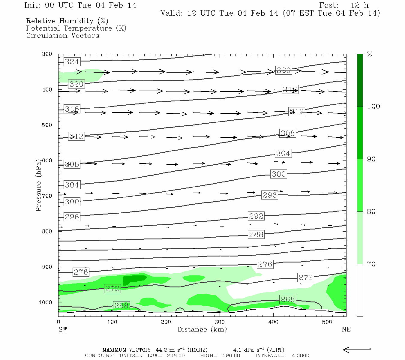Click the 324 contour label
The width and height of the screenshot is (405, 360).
(x=72, y=62)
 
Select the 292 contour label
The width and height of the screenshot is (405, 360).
(x=256, y=216)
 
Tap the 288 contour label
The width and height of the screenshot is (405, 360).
(x=256, y=234)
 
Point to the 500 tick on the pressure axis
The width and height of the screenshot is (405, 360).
(x=47, y=125)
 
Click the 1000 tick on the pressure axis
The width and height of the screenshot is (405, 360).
(x=46, y=302)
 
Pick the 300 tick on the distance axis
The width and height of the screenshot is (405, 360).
(x=220, y=322)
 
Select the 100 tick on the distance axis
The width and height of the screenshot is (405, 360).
(x=112, y=322)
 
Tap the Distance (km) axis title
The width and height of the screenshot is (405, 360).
(x=202, y=329)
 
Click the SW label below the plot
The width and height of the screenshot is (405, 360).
(x=63, y=329)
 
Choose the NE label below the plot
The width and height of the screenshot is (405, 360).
(x=346, y=329)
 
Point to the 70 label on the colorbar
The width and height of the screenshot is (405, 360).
(x=371, y=264)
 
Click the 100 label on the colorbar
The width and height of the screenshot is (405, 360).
(x=373, y=106)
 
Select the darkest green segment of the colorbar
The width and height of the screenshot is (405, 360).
(x=360, y=80)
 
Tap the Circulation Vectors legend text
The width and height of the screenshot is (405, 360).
(x=62, y=36)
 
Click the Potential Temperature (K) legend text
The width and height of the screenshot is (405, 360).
(x=76, y=28)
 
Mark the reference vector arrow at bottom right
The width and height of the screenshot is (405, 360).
(x=356, y=349)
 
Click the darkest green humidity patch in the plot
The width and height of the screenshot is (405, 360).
(x=133, y=279)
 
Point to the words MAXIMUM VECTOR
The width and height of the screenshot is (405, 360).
(x=126, y=350)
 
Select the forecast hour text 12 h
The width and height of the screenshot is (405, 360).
(x=360, y=5)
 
